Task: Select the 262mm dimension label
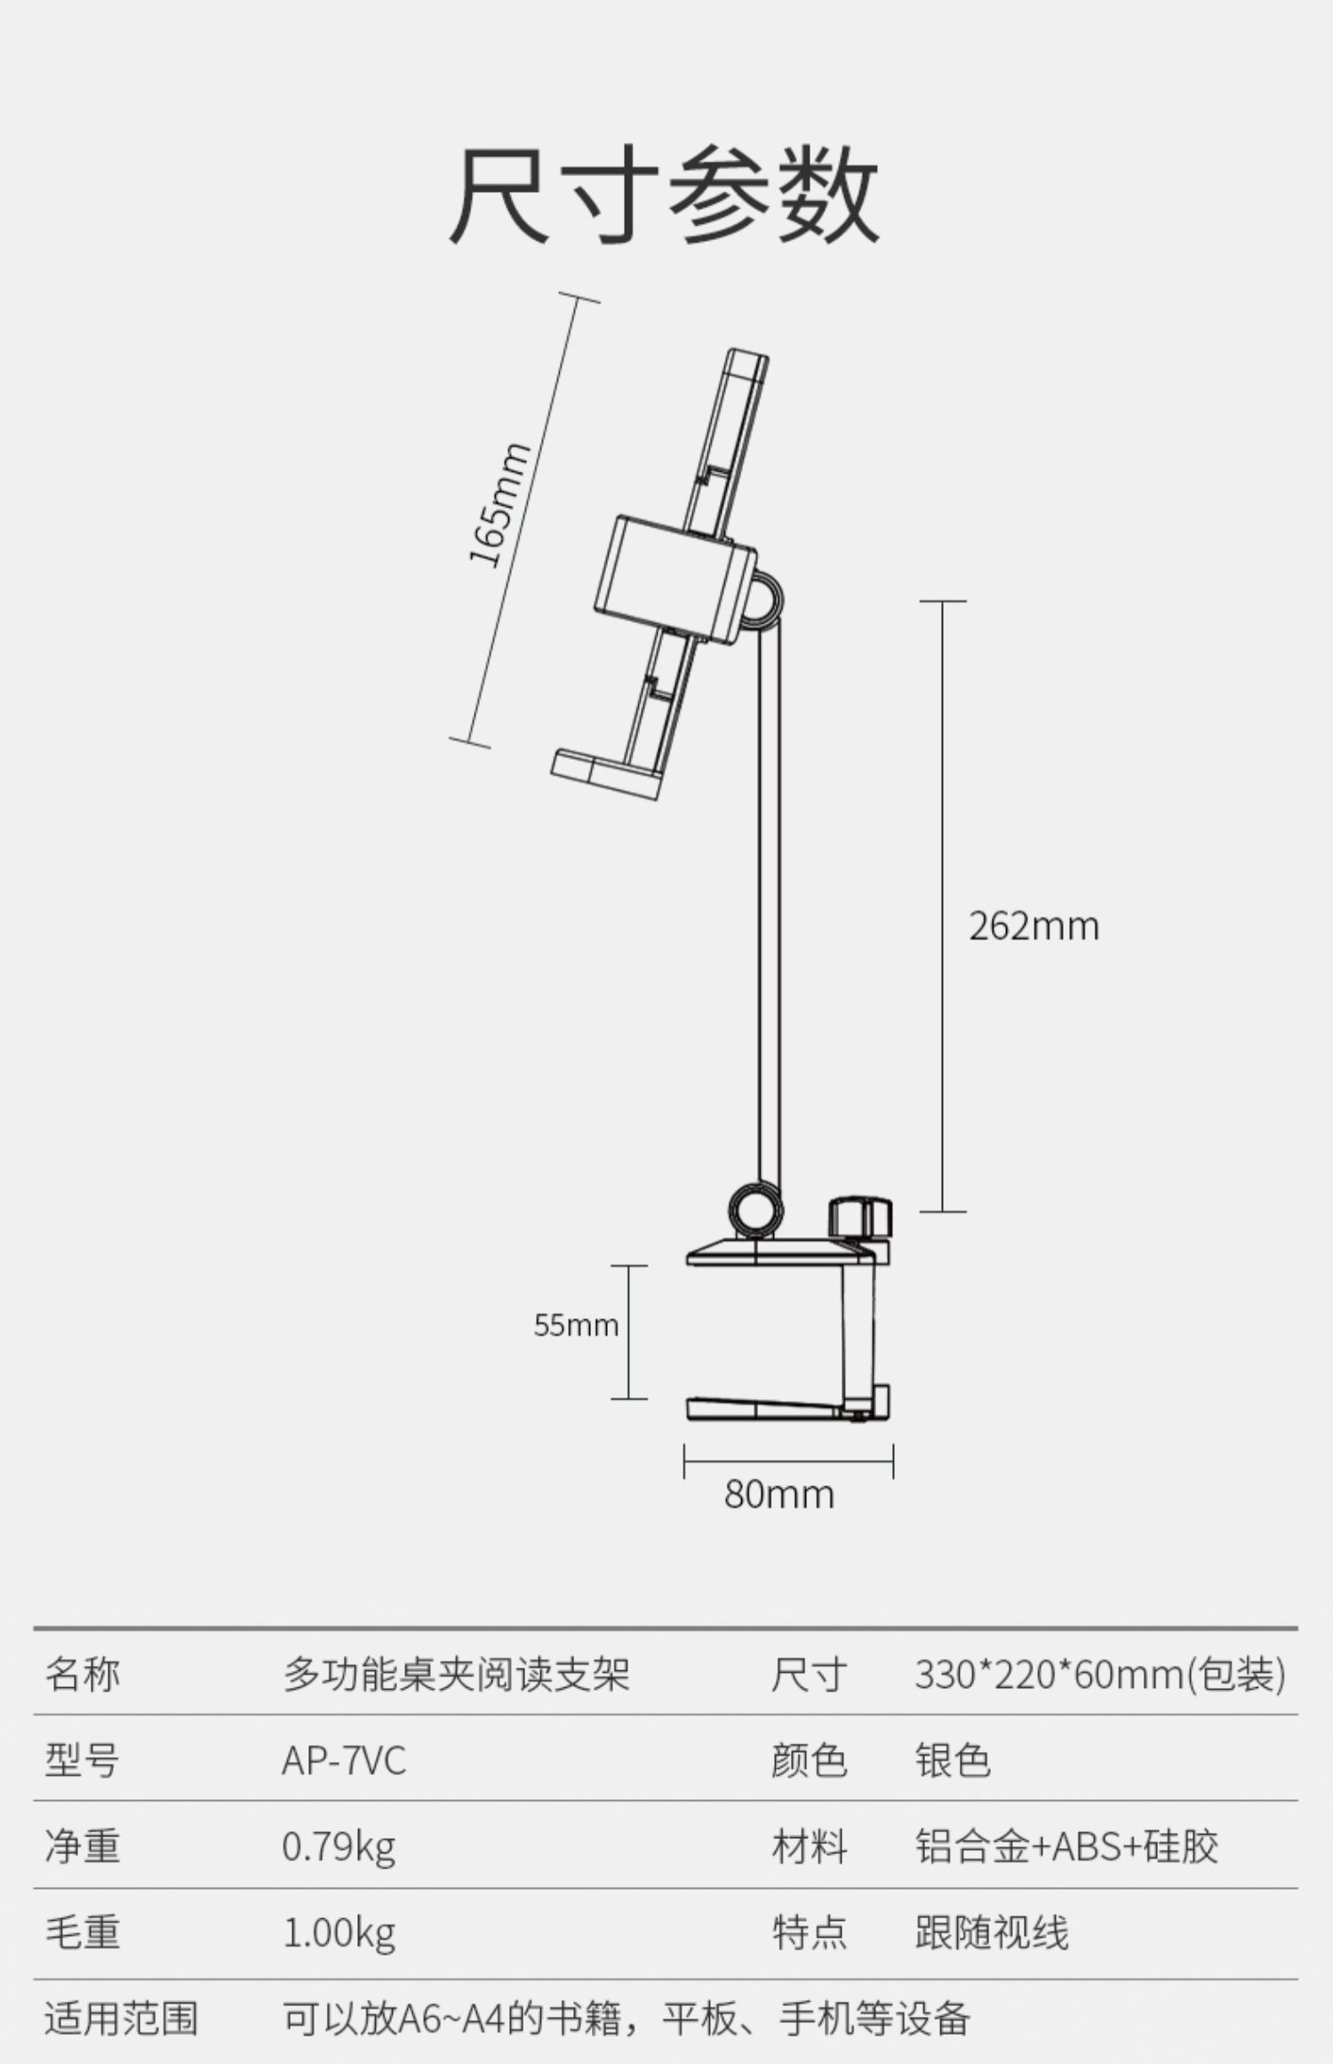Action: tap(1034, 926)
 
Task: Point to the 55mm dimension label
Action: tap(576, 1325)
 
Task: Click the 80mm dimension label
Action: tap(779, 1494)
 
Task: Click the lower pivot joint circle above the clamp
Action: tap(756, 1209)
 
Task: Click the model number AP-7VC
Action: tap(344, 1761)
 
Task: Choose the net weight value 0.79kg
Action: tap(339, 1847)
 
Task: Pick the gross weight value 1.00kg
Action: tap(339, 1932)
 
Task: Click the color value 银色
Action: tap(953, 1761)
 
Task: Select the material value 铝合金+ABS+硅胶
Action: tap(1066, 1847)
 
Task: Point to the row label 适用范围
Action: tap(121, 2019)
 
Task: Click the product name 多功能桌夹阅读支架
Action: tap(457, 1675)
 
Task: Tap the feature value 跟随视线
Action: tap(992, 1932)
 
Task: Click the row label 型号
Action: tap(82, 1761)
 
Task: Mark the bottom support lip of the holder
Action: tap(604, 772)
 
